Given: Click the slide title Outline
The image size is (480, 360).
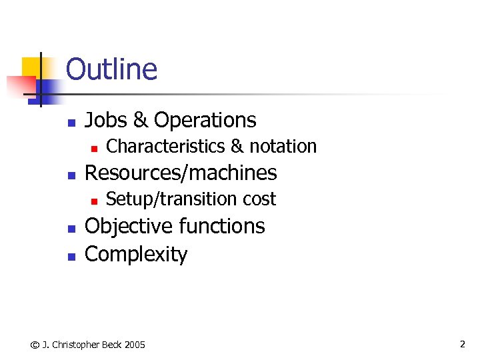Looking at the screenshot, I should coord(111,69).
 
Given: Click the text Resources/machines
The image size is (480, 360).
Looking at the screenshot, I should coord(181,173).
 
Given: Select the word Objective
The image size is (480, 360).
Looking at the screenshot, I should coord(127,227).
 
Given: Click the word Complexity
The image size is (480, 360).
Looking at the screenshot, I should coord(136,254).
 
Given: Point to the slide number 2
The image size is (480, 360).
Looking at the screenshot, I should coord(462,344).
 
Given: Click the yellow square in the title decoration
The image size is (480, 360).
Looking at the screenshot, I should coord(31,67).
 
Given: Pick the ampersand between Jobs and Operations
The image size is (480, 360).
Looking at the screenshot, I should coord(141,120).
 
